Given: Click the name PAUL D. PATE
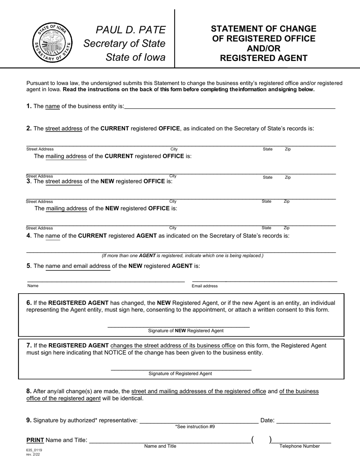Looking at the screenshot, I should pyautogui.click(x=131, y=30).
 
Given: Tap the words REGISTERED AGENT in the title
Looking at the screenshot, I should pyautogui.click(x=264, y=58).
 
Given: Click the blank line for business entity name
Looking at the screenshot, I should pyautogui.click(x=229, y=108).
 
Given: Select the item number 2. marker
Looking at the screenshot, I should pyautogui.click(x=29, y=128).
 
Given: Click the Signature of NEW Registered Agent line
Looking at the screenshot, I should pyautogui.click(x=178, y=326).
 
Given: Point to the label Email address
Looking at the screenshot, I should pyautogui.click(x=205, y=286).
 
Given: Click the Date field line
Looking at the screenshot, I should pyautogui.click(x=304, y=422).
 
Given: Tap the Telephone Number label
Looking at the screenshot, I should pyautogui.click(x=299, y=446).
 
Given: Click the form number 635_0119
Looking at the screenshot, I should pyautogui.click(x=34, y=450).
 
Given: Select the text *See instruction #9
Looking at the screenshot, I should pyautogui.click(x=195, y=427).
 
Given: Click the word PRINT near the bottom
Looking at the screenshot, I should pyautogui.click(x=35, y=440).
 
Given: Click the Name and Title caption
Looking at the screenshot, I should pyautogui.click(x=160, y=446).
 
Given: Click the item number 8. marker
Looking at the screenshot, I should pyautogui.click(x=29, y=391).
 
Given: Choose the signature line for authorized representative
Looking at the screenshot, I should pyautogui.click(x=199, y=422).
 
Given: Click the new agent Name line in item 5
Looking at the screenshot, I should pyautogui.click(x=106, y=281).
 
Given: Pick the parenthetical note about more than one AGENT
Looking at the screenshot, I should pyautogui.click(x=182, y=256).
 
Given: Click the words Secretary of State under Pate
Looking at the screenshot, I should pyautogui.click(x=124, y=44).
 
